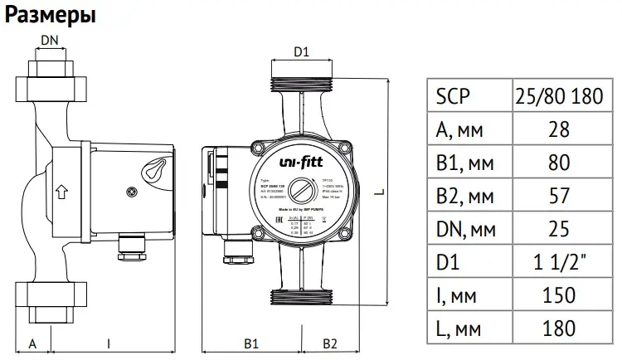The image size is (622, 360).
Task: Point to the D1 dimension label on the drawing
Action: [302, 51]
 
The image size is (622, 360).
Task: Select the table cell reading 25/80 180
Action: [559, 97]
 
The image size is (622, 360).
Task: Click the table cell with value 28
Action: [558, 130]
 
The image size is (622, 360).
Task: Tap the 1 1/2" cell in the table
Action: [558, 263]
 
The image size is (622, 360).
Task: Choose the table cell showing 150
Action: [558, 296]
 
